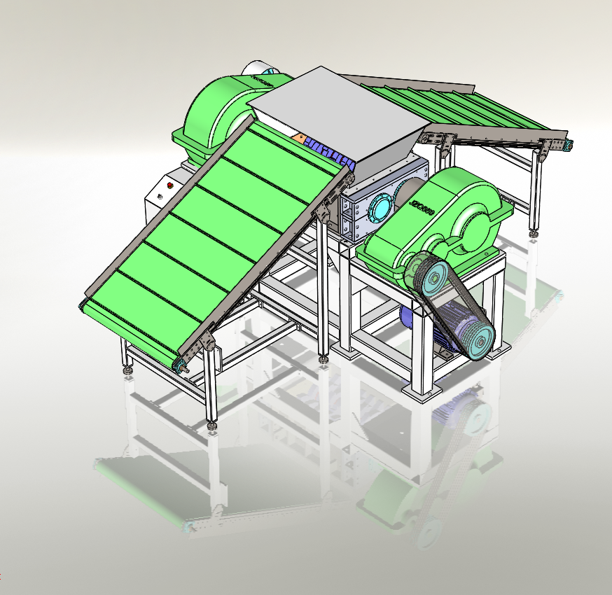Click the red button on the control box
[x=169, y=185]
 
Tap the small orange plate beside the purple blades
[x=300, y=138]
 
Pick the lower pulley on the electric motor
[x=479, y=342]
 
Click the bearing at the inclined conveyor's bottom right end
[x=181, y=364]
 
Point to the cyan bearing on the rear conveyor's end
[x=570, y=145]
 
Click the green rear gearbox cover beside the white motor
[x=214, y=115]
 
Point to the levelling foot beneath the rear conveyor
[x=534, y=232]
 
